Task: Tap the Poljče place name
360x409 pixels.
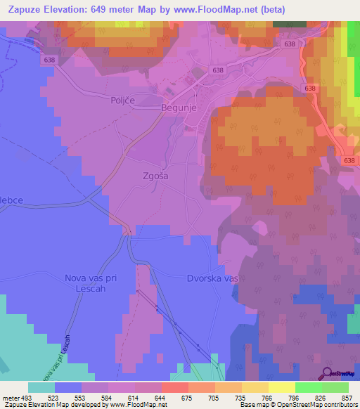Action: coord(123,100)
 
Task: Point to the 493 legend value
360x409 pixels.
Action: coord(26,397)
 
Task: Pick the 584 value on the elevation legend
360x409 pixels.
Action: coord(95,397)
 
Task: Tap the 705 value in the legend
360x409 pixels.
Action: coord(201,397)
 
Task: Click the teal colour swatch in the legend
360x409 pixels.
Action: coord(41,387)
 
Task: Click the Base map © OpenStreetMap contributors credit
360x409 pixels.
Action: coord(298,405)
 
